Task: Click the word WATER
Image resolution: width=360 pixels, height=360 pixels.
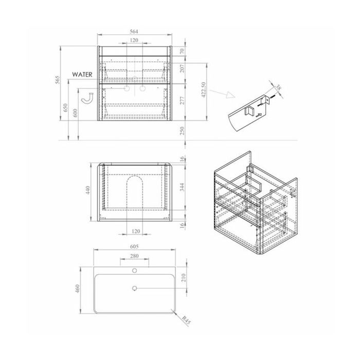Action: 82,75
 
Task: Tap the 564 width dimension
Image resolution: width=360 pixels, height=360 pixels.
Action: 134,31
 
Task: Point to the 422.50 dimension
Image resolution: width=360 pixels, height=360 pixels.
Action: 204,90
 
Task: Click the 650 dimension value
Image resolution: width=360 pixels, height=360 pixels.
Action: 65,107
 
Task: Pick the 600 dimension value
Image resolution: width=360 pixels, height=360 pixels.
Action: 75,113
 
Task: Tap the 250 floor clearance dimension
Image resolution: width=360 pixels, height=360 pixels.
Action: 182,131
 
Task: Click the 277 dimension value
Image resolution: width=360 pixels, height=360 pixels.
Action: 182,101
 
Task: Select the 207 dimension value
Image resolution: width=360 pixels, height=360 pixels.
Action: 182,68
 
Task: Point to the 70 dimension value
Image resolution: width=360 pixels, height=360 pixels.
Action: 182,51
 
